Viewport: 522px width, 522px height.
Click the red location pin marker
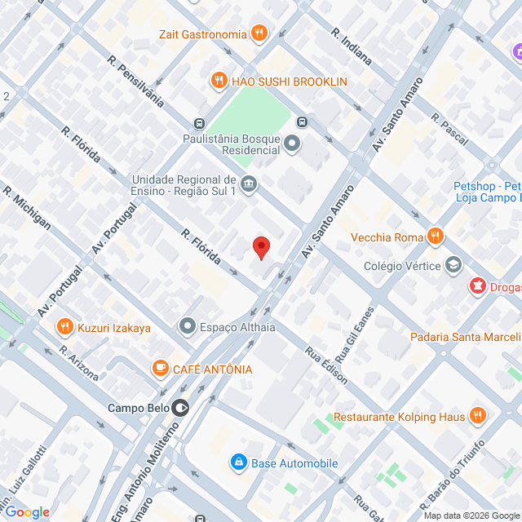pyautogui.click(x=261, y=247)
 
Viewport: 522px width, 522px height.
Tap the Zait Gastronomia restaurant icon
pyautogui.click(x=259, y=33)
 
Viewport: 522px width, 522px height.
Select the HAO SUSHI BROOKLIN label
pyautogui.click(x=290, y=82)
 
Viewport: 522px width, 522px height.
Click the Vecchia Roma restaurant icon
pyautogui.click(x=436, y=237)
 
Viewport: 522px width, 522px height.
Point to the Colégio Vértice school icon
pyautogui.click(x=453, y=264)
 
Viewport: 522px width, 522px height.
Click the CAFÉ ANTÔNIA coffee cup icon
pyautogui.click(x=161, y=369)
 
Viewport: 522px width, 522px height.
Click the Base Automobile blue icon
pyautogui.click(x=238, y=463)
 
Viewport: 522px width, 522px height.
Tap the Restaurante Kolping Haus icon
pyautogui.click(x=478, y=417)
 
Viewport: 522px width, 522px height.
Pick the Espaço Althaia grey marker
pyautogui.click(x=188, y=328)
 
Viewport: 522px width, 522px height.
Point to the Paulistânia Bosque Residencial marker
pyautogui.click(x=293, y=144)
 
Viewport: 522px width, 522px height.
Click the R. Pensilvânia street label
pyautogui.click(x=136, y=82)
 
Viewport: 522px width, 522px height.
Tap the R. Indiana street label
pyautogui.click(x=352, y=46)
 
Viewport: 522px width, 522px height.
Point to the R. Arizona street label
pyautogui.click(x=79, y=364)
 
